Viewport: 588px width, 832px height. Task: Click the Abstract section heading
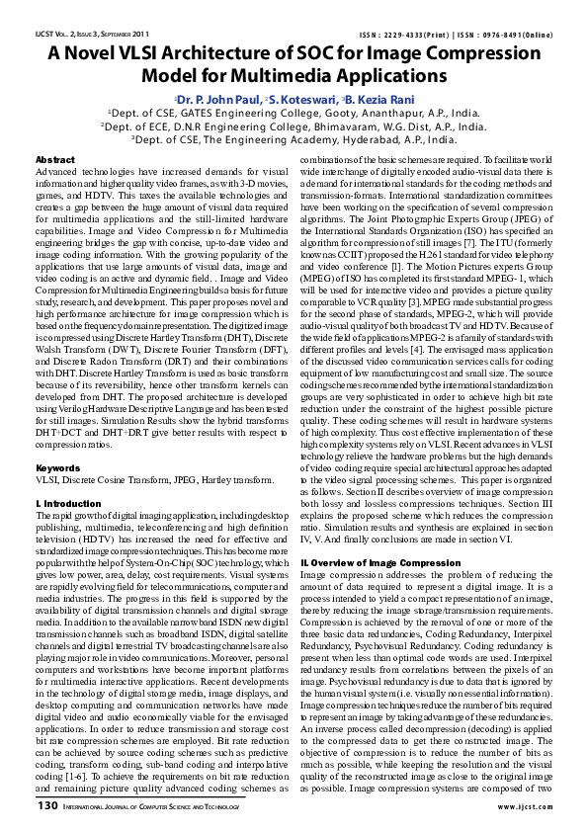click(x=54, y=159)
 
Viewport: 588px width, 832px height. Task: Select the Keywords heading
click(x=57, y=467)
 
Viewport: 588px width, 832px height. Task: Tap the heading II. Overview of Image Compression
click(x=368, y=561)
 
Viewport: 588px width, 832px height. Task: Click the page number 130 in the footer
click(x=46, y=805)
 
